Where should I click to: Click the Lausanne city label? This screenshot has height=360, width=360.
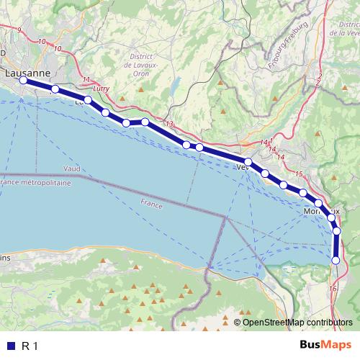click(x=27, y=73)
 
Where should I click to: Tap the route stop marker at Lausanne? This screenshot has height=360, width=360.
click(x=23, y=81)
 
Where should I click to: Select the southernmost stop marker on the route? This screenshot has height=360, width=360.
click(x=336, y=260)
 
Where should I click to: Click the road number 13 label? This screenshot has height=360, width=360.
click(x=169, y=125)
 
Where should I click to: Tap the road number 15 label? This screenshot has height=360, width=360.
click(x=299, y=174)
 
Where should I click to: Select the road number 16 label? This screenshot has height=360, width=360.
click(x=332, y=288)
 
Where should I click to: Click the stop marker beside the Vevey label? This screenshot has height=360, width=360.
click(x=248, y=163)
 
